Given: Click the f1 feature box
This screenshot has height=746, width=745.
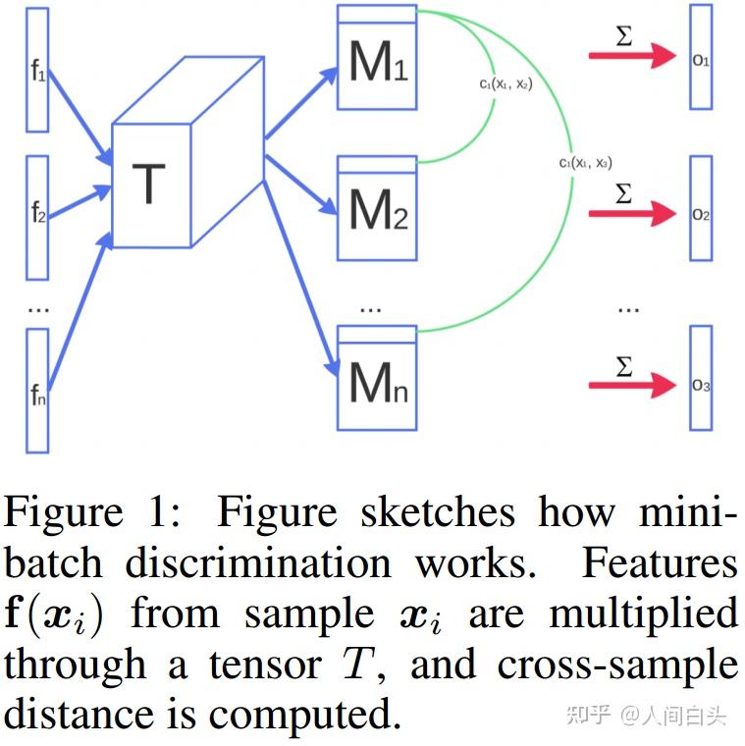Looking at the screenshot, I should point(36,69).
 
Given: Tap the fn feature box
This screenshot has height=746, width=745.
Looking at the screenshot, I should point(37,390).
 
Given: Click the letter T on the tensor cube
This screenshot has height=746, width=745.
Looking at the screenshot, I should point(148,184).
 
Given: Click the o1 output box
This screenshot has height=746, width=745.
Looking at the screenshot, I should point(700,57).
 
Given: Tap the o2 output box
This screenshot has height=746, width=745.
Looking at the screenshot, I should point(700,208).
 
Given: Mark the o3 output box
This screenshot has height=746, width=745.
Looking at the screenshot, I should point(700,378).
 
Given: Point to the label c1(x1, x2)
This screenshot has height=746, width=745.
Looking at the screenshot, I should point(506,84).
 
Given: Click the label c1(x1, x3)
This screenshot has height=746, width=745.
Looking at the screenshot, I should point(586,163).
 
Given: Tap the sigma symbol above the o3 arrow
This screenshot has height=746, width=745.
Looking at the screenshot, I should point(623,366).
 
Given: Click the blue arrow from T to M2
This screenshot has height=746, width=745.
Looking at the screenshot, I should point(299,187).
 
